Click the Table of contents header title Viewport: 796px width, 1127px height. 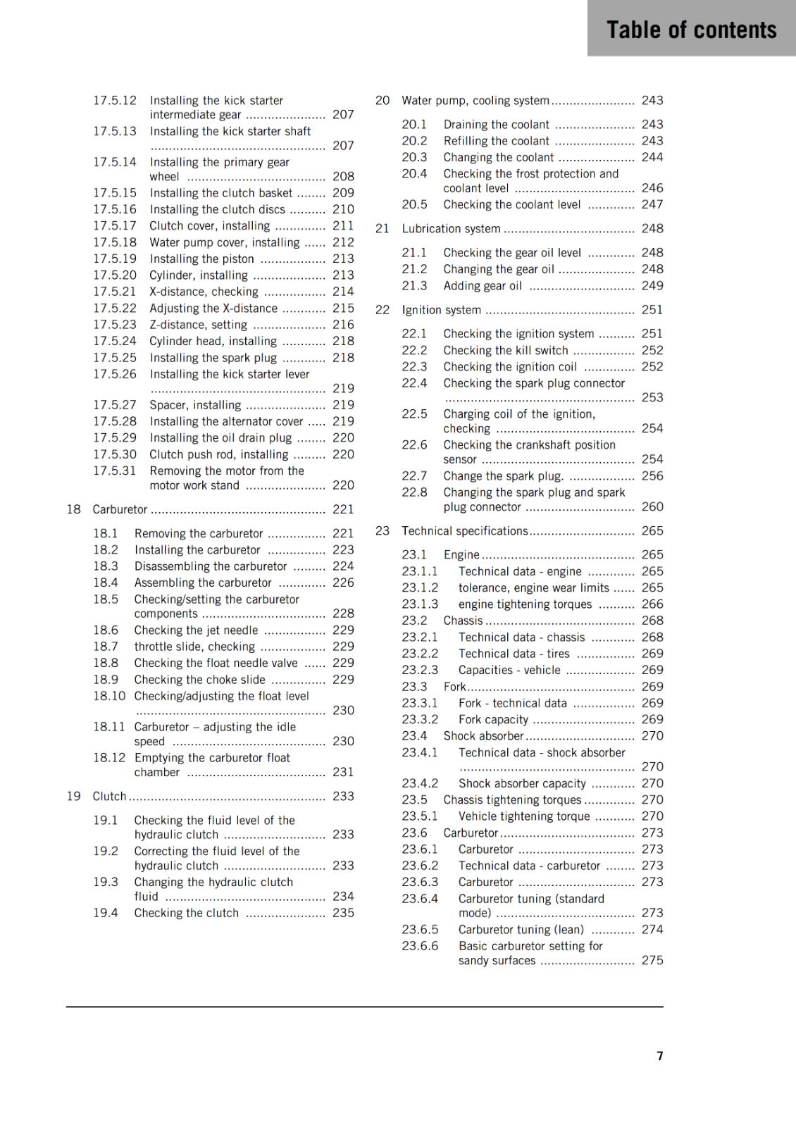coord(691,30)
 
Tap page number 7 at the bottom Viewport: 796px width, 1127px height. coord(659,1055)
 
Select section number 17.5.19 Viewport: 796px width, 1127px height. coord(115,259)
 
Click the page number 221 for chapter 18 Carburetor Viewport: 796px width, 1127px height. coord(343,509)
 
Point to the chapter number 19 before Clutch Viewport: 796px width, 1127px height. coord(73,796)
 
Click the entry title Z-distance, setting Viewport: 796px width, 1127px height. coord(198,325)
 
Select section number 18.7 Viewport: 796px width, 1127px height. coord(106,646)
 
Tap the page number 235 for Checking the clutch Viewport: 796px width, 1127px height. coord(343,912)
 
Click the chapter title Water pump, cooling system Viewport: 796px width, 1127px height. coord(475,101)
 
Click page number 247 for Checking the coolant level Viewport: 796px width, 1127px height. coord(652,204)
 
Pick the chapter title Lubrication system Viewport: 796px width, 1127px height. coord(451,228)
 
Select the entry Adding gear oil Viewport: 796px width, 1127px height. coord(483,285)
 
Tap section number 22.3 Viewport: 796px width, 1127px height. coord(414,366)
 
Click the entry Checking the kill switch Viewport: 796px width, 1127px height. coord(506,350)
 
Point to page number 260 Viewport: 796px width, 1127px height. coord(652,506)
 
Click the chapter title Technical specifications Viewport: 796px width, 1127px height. coord(465,530)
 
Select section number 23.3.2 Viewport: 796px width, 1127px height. coord(420,719)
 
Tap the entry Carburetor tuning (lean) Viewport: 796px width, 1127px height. coord(521,929)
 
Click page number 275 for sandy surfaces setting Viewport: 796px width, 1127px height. coord(652,960)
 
